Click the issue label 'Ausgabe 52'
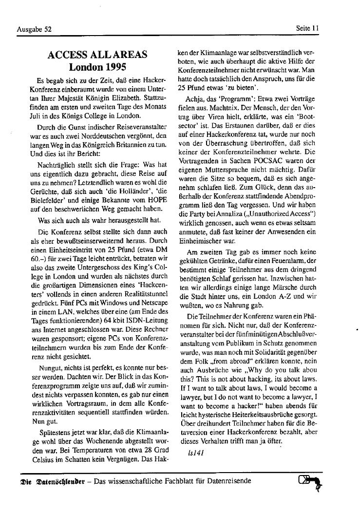34,29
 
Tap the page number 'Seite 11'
307,28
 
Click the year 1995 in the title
115,67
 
